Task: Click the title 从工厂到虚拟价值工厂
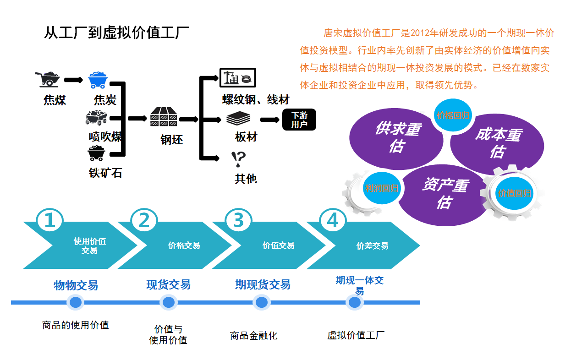coord(116,33)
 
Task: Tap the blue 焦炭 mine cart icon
coord(99,80)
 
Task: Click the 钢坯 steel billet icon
coord(164,117)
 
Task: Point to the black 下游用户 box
coord(299,120)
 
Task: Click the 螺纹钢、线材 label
coord(256,100)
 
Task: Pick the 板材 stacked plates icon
coord(238,119)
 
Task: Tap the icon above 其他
coord(238,159)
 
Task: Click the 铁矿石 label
coord(105,173)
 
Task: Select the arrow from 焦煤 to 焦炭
coord(73,80)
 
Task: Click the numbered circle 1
coord(49,221)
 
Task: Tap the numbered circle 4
coord(332,221)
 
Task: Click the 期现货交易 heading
coord(263,284)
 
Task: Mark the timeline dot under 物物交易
coord(76,302)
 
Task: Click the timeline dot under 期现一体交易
coord(354,302)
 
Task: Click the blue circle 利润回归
coord(381,188)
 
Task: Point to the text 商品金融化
coord(253,336)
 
